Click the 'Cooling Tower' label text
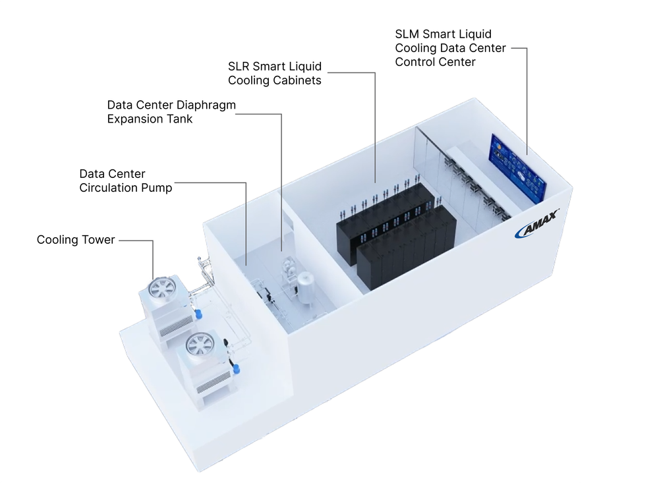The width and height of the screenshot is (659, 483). tap(76, 240)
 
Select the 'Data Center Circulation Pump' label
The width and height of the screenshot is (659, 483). tap(125, 181)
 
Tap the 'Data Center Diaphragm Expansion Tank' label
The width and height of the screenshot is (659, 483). tap(171, 112)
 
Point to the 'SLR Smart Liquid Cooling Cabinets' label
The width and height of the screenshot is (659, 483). tap(275, 74)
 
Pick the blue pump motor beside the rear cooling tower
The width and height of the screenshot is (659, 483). tap(198, 313)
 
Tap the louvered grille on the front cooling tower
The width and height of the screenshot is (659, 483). tap(215, 385)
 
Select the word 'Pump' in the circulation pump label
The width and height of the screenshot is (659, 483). tap(159, 188)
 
